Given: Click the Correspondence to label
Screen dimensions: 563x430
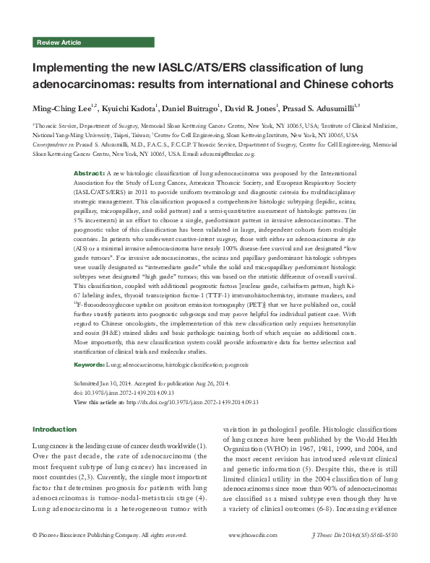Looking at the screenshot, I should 53,144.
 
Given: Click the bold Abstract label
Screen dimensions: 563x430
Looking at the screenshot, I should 90,175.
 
